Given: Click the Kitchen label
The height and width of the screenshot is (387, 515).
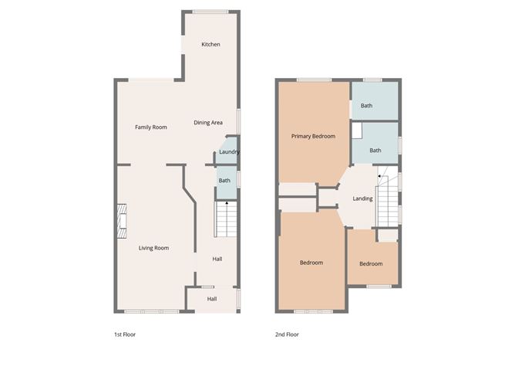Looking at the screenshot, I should tap(210, 45).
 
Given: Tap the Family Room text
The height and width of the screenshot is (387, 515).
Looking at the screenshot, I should tap(150, 127).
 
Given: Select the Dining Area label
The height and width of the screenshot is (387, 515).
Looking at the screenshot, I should tap(208, 123).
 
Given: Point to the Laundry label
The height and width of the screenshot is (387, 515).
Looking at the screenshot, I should tap(229, 152).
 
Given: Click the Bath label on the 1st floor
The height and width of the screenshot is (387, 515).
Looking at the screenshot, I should tap(224, 181).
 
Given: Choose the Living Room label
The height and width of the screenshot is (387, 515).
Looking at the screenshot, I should tap(153, 248).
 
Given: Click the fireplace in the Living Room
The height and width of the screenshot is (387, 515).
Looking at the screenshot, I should tap(121, 219).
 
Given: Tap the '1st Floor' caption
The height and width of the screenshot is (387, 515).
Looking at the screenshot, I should tap(124, 334).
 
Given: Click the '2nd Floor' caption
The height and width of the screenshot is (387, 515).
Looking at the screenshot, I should tap(287, 334).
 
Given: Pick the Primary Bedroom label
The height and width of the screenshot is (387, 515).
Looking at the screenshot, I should tap(313, 137).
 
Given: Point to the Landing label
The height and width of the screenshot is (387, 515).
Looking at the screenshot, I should tap(362, 199).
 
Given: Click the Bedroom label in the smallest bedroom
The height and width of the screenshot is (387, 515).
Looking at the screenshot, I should tap(370, 263).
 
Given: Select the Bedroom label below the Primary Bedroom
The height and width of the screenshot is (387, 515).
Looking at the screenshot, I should tap(311, 263).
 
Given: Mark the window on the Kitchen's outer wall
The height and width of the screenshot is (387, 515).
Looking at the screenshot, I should tap(210, 12).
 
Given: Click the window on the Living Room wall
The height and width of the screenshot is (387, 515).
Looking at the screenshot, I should tap(152, 311).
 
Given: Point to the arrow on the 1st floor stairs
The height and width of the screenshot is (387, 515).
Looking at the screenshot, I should tap(226, 203).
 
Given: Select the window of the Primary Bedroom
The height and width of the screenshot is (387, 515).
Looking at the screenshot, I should tap(314, 80).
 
